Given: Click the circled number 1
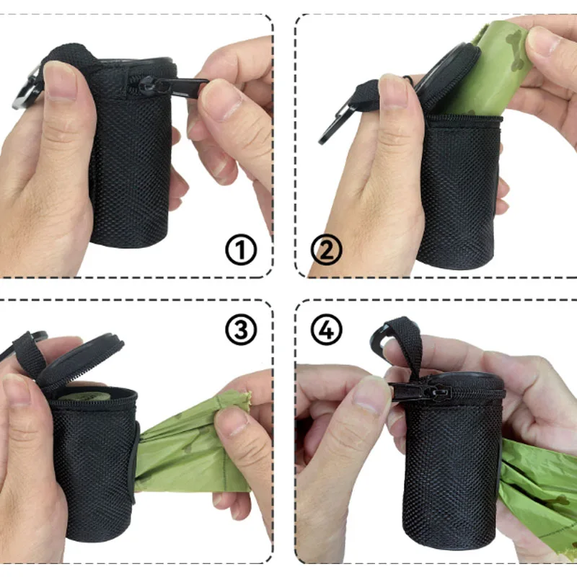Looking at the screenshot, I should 242,250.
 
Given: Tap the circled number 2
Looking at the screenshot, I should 326,250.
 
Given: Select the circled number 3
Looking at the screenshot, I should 242,330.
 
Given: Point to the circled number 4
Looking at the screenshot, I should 326,330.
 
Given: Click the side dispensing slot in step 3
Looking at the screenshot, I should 134,462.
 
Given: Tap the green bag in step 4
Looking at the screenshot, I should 537,490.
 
